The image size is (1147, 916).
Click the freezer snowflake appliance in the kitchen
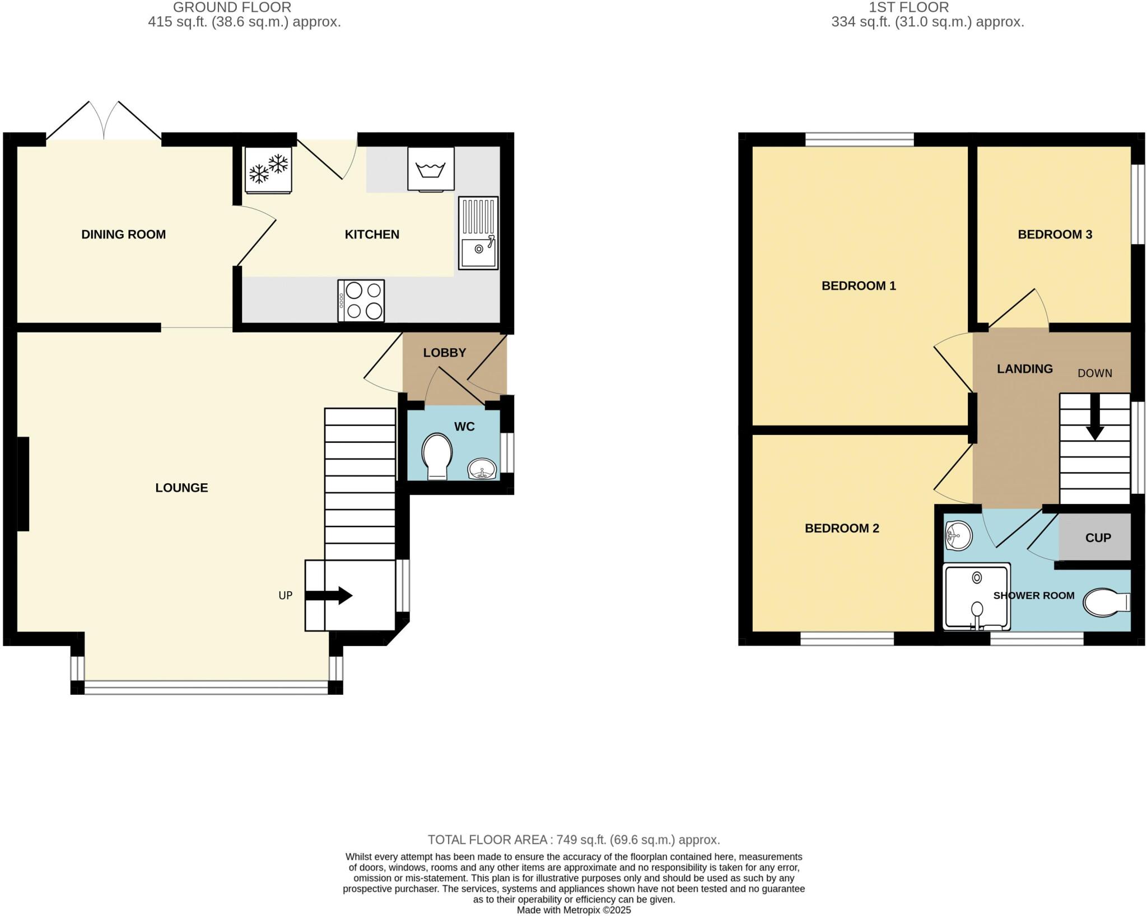[x=268, y=170]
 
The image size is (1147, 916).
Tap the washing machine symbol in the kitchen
[x=431, y=169]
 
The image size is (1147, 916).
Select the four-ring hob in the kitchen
[x=361, y=301]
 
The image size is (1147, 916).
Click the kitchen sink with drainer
[x=478, y=232]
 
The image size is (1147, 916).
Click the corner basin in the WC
[x=482, y=469]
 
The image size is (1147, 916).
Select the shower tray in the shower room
[x=977, y=597]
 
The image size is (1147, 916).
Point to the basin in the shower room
[x=958, y=536]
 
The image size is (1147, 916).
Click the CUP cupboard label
[x=1098, y=538]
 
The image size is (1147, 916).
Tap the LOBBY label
[x=444, y=353]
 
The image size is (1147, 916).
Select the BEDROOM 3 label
[x=1055, y=235]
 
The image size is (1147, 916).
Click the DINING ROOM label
[x=123, y=235]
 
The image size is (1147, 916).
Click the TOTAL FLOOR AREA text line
[x=573, y=840]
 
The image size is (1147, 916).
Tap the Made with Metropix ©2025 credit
[x=573, y=910]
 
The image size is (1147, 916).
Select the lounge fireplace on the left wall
[x=23, y=484]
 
